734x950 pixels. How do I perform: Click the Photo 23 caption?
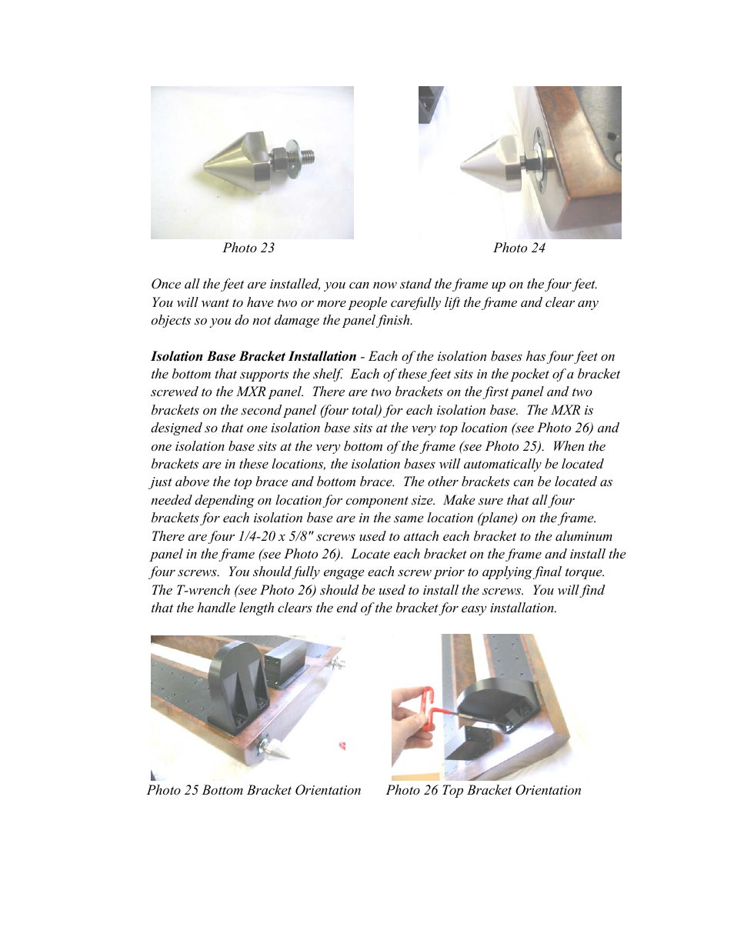tap(249, 248)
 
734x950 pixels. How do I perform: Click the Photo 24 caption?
tap(519, 248)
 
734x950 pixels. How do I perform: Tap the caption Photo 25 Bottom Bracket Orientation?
tap(253, 790)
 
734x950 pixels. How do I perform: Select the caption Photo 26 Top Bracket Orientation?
tap(483, 790)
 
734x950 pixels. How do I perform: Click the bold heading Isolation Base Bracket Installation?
tap(253, 356)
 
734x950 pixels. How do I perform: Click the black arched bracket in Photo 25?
tap(239, 677)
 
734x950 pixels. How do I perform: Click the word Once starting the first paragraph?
tap(165, 284)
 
